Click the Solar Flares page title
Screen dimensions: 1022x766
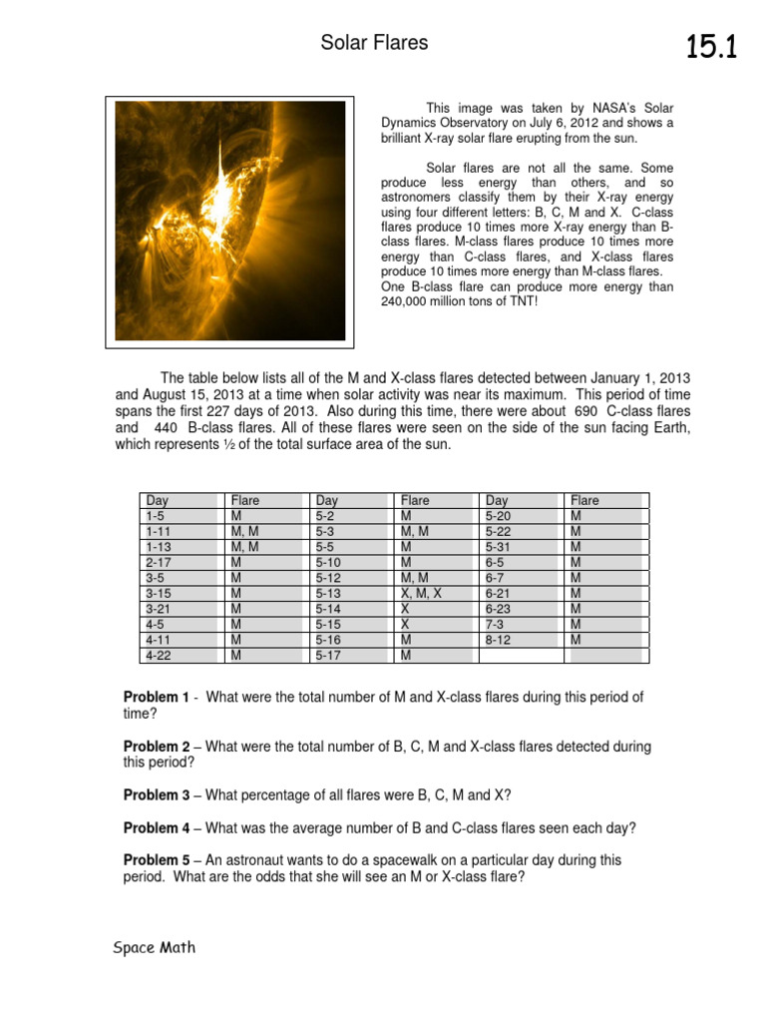[374, 42]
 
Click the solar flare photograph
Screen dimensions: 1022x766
[229, 221]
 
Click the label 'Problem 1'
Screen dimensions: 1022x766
[156, 697]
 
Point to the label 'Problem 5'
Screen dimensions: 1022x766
[156, 859]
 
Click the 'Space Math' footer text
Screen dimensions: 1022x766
[154, 948]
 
